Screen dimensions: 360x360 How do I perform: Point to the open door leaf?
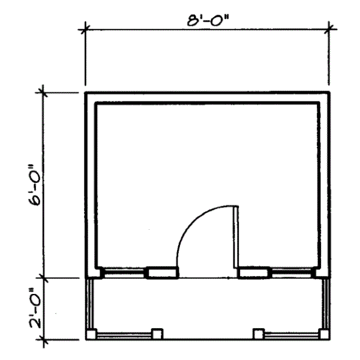[236, 239]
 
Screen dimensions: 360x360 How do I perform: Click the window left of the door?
[124, 274]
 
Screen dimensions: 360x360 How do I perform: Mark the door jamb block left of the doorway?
[162, 274]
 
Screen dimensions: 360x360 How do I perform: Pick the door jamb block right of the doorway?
[253, 274]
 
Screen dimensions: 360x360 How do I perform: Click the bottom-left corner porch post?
[91, 334]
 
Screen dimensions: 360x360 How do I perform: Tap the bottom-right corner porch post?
[324, 334]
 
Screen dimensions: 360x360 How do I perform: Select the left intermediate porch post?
[157, 334]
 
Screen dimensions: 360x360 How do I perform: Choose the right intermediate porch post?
[259, 334]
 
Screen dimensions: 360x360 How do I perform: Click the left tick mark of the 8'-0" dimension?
[86, 27]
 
